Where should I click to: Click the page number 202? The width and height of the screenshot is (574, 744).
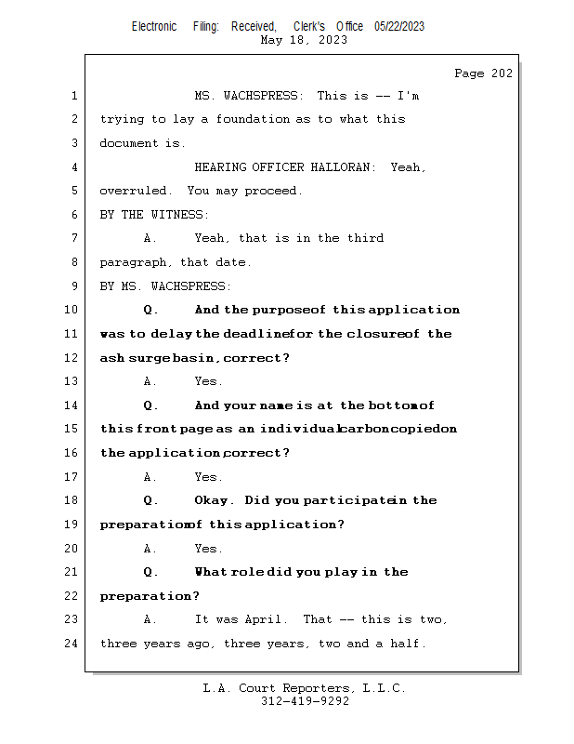click(502, 73)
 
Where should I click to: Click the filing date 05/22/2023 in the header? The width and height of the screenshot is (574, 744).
click(399, 27)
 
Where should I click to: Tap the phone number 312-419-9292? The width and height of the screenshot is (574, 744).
click(305, 701)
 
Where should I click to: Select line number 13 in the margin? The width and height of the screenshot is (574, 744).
click(71, 381)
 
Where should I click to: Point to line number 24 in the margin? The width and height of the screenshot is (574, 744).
click(71, 644)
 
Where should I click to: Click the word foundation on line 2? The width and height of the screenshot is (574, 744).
click(253, 119)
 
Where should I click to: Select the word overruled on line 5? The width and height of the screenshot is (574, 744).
click(134, 191)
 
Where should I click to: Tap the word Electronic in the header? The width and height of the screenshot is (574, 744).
click(154, 27)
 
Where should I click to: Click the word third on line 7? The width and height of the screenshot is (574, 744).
click(365, 238)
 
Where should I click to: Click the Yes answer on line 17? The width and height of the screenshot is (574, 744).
click(207, 477)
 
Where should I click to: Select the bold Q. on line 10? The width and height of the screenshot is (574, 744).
click(150, 310)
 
